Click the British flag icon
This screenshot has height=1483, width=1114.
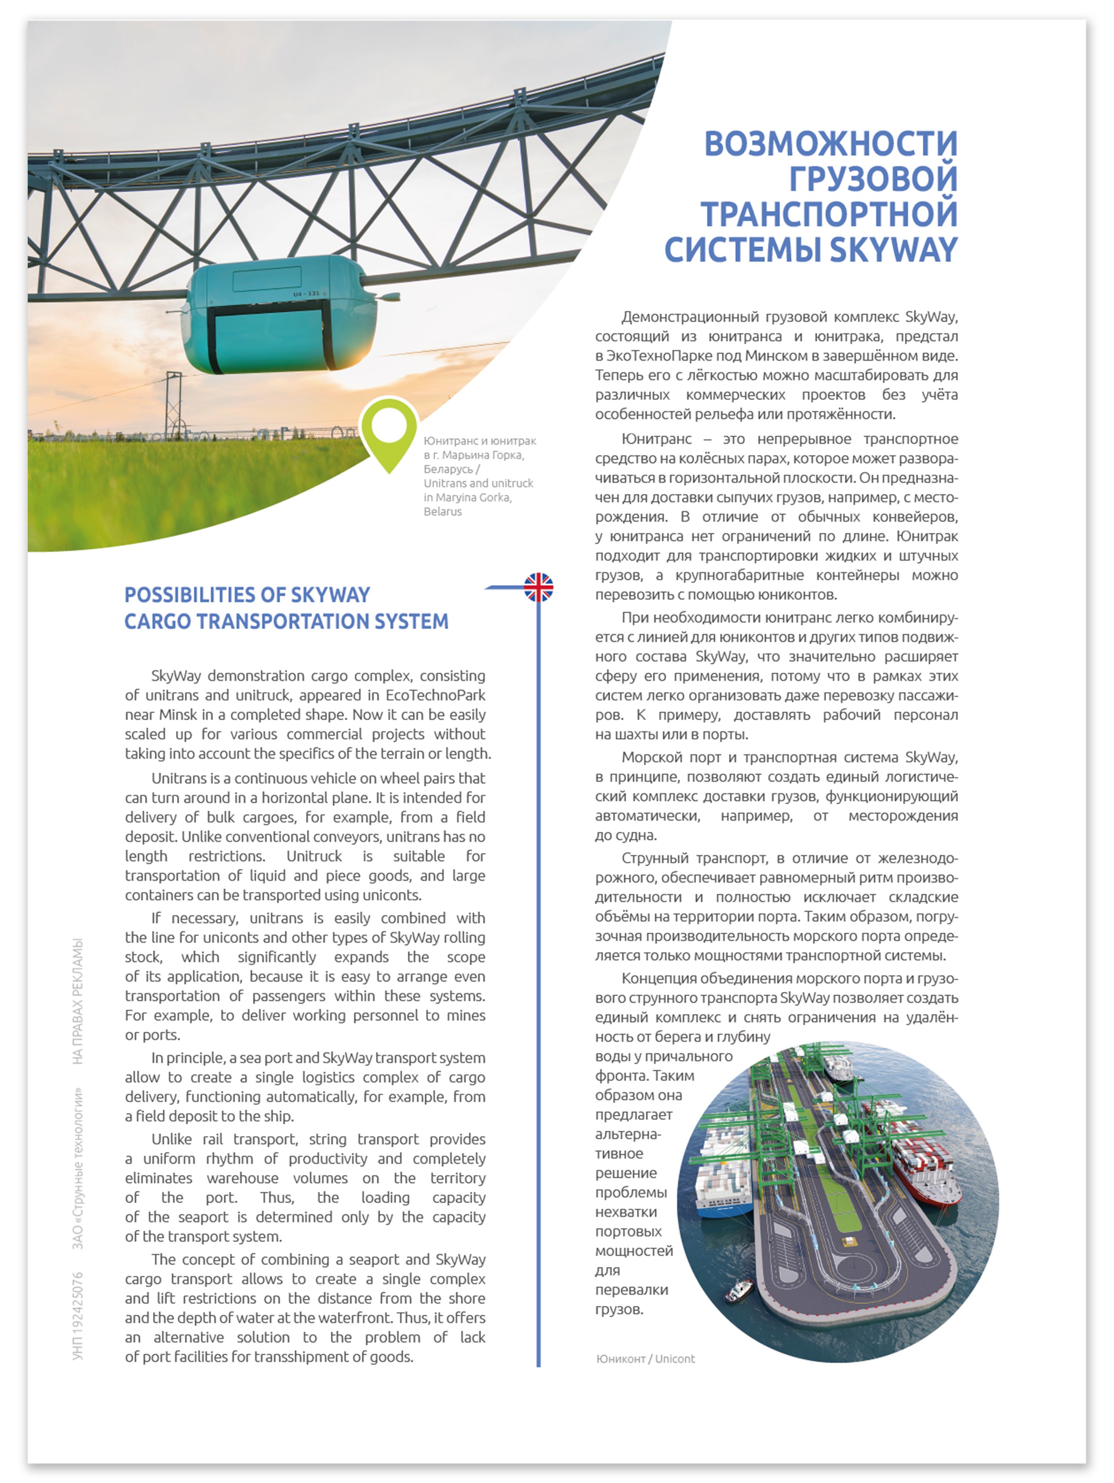pos(539,587)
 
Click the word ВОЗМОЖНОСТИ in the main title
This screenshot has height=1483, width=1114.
pos(830,144)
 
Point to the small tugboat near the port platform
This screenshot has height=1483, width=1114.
pos(739,1288)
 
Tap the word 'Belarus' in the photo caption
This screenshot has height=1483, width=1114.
pos(443,511)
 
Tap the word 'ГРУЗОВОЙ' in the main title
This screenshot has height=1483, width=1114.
pos(873,179)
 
